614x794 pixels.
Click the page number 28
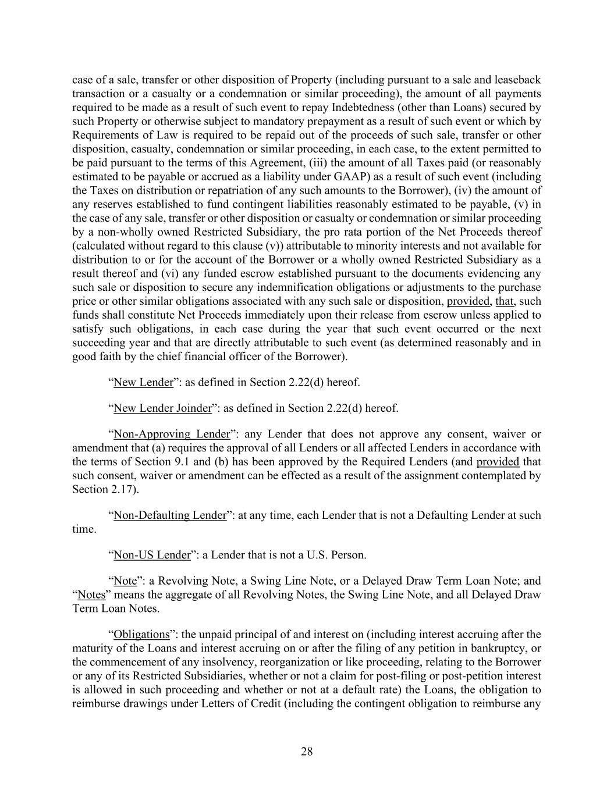(307, 752)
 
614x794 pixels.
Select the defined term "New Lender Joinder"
(162, 408)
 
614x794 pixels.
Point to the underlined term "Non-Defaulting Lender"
(169, 515)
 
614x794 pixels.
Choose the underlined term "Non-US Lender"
(152, 555)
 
